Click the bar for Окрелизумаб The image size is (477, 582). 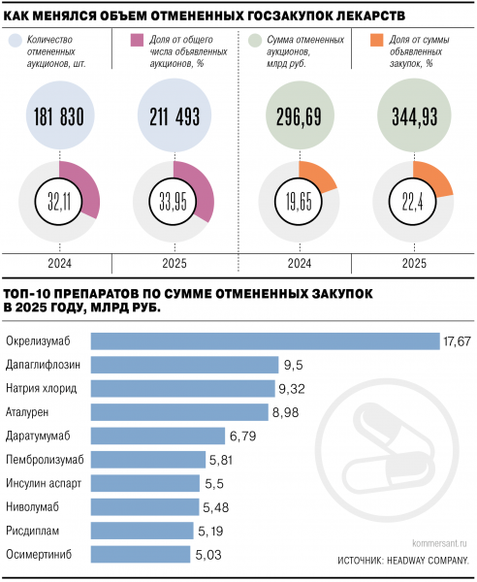tap(265, 340)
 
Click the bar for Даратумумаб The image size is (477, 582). tap(158, 436)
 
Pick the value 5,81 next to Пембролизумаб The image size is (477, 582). tap(224, 459)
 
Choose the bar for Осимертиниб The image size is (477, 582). tap(140, 554)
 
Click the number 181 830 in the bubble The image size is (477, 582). tap(59, 116)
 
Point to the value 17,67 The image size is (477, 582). tap(457, 340)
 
